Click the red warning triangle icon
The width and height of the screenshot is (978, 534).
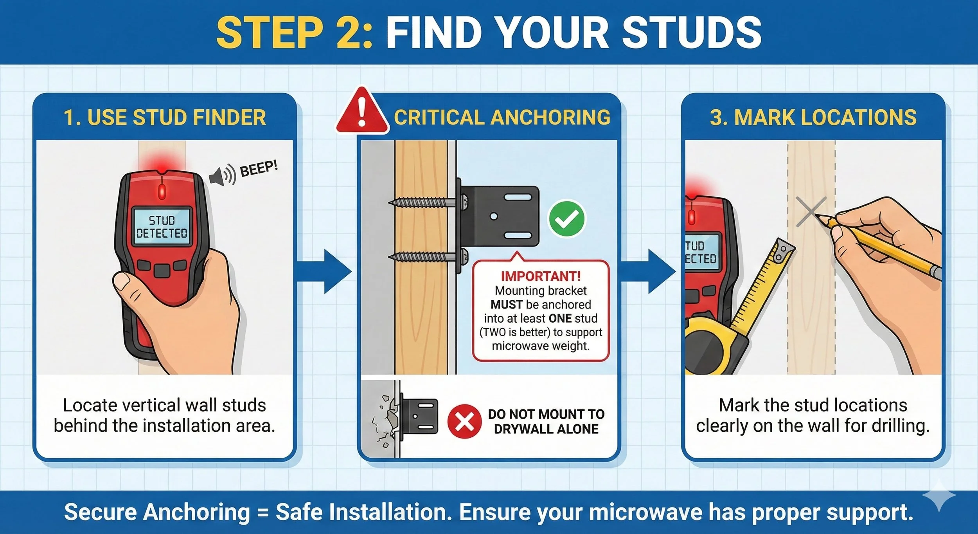(x=362, y=112)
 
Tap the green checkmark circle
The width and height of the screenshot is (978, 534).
(x=567, y=218)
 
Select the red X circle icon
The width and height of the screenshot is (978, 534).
(x=464, y=422)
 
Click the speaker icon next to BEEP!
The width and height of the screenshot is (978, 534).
(x=222, y=175)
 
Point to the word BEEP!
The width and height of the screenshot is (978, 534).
(x=259, y=169)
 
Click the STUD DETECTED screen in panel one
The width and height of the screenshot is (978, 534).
(x=162, y=226)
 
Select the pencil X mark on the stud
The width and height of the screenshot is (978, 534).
(x=811, y=212)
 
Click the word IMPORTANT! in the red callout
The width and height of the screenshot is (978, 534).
(x=541, y=276)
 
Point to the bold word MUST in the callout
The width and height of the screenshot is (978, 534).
(x=507, y=305)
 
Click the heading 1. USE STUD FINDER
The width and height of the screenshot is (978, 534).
(x=165, y=117)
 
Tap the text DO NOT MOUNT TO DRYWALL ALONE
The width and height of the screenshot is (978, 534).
(x=546, y=422)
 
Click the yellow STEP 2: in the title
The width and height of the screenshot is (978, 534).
(x=294, y=32)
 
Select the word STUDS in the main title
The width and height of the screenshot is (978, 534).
(x=692, y=32)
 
